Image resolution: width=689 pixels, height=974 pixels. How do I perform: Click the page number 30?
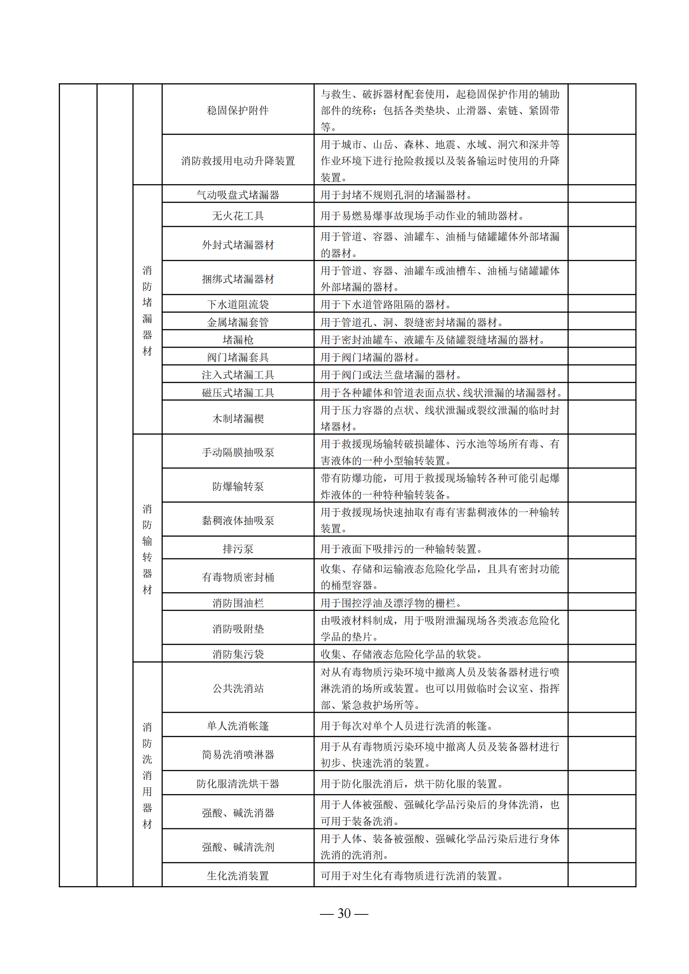pos(344,913)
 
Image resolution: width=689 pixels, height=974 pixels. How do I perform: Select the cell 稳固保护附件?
pos(237,110)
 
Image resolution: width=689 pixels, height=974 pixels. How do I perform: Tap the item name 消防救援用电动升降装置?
pos(237,161)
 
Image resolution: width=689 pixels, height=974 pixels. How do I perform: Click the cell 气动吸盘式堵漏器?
pos(237,195)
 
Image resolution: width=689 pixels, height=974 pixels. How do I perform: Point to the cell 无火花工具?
pos(237,216)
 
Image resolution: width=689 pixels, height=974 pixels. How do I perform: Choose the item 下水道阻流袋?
pos(237,304)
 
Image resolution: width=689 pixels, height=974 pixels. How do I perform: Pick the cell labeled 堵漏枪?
pos(237,339)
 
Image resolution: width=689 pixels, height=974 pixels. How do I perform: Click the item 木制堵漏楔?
pos(237,418)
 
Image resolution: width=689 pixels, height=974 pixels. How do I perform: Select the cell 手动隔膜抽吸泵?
pos(237,452)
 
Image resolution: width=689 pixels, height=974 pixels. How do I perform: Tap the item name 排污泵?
pos(237,548)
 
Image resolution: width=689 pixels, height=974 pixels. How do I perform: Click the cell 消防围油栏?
pos(237,603)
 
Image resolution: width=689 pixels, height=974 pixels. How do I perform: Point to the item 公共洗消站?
pos(237,688)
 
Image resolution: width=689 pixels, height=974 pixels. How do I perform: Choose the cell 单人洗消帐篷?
pos(237,725)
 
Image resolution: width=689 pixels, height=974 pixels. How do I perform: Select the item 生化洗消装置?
pos(237,876)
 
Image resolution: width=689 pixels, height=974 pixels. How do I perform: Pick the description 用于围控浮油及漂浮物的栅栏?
pos(391,603)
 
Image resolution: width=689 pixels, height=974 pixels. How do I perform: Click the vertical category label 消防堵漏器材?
pos(147,311)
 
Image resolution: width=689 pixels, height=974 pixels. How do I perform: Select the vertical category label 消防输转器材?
pos(147,549)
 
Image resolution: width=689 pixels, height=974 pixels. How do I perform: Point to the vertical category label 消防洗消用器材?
pos(147,775)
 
